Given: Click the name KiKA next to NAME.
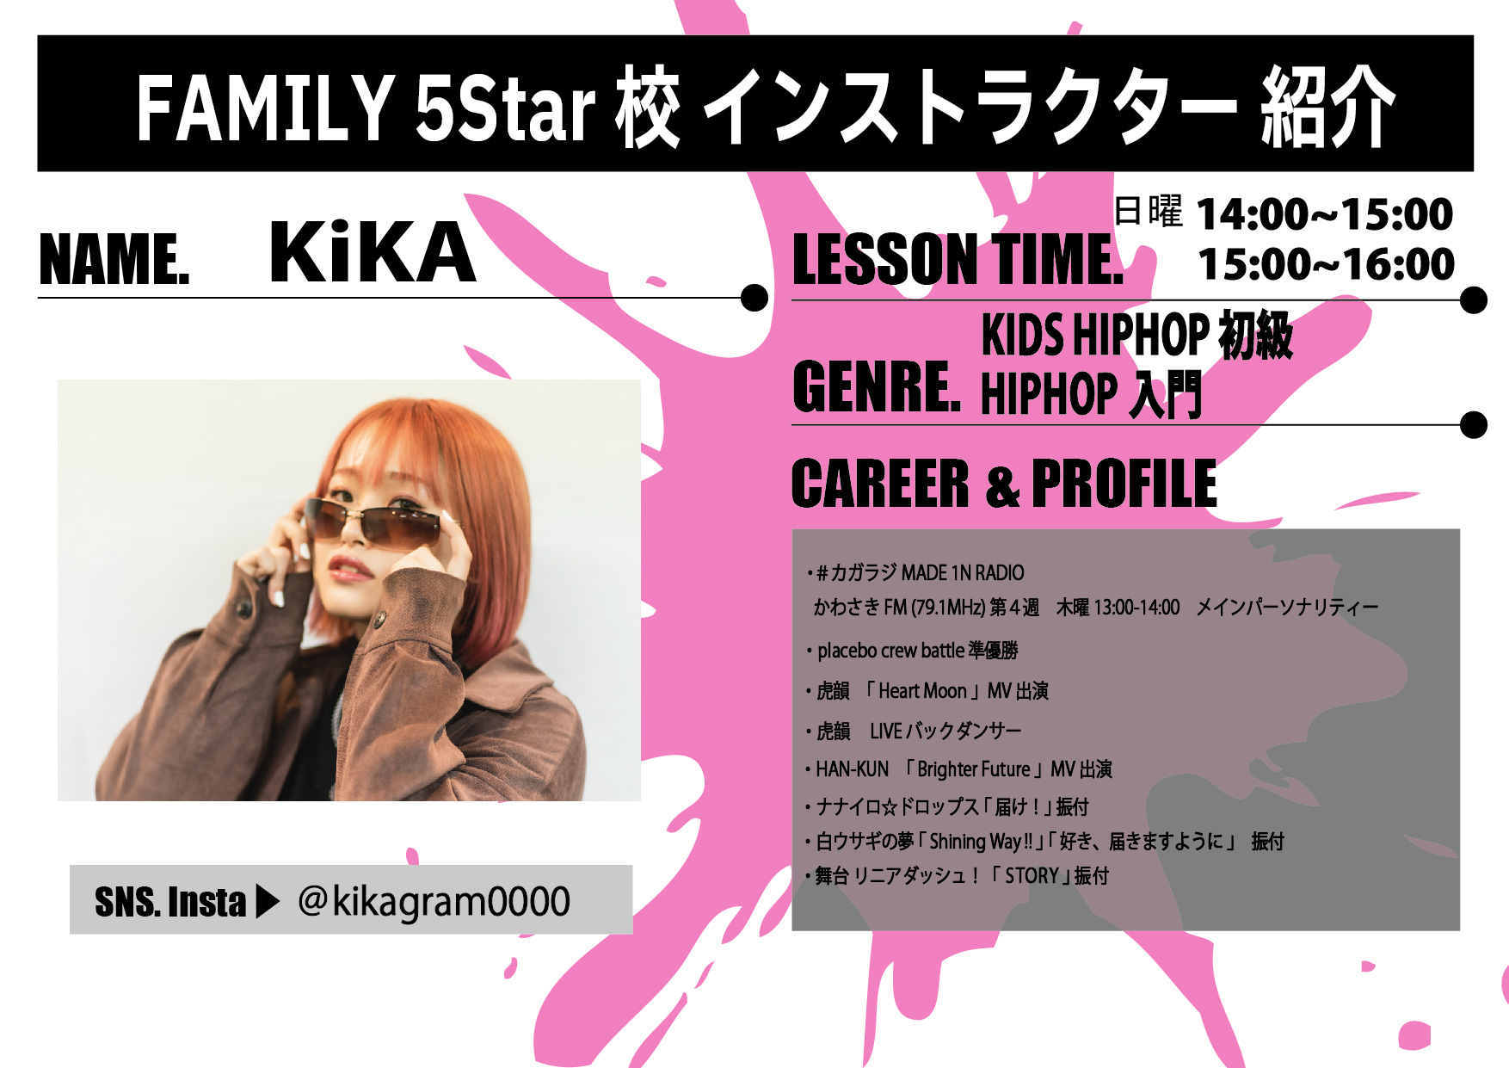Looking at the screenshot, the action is [x=372, y=252].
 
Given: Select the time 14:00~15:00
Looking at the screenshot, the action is [x=1325, y=214].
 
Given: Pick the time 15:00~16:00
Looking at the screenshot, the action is [x=1326, y=264].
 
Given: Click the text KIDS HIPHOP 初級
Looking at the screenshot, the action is [x=1136, y=334].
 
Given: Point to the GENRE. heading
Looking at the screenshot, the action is [x=877, y=387].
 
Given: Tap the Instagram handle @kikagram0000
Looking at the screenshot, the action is [x=434, y=902].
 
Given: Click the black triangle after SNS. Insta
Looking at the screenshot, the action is [x=268, y=902].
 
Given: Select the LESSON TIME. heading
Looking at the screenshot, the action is [x=958, y=259].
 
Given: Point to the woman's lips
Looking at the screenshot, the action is [x=350, y=569].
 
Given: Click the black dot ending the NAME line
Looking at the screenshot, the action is [x=754, y=298].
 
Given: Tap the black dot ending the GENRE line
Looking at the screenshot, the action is [x=1474, y=424].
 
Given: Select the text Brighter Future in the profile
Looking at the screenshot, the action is [x=973, y=769].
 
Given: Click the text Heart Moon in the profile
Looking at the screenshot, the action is [x=922, y=691].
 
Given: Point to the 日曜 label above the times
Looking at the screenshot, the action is [x=1149, y=211].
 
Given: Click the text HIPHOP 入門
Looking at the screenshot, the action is [x=1091, y=394].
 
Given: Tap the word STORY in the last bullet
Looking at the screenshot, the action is [x=1032, y=876].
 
